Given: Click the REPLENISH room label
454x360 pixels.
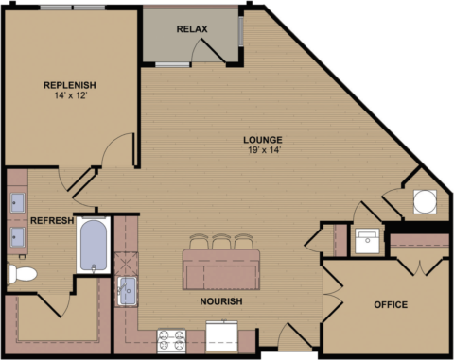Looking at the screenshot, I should click(70, 85).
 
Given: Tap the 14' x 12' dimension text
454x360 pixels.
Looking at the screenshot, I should click(70, 96).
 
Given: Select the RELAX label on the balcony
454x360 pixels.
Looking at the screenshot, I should click(192, 29).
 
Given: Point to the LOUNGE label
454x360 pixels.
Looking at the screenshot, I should click(262, 138).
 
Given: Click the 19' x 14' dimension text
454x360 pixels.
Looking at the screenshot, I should click(262, 149).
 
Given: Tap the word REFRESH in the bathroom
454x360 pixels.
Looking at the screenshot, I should click(52, 221).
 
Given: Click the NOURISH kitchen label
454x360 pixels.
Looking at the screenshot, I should click(221, 301).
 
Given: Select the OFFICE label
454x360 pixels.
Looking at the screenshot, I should click(390, 304).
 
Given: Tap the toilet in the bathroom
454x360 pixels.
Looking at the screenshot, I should click(21, 274).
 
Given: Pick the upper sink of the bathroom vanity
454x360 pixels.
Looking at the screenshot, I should click(17, 201).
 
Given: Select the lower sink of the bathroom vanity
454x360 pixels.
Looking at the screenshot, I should click(17, 235).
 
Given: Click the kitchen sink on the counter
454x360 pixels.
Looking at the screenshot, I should click(127, 291).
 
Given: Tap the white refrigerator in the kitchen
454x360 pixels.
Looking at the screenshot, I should click(223, 336).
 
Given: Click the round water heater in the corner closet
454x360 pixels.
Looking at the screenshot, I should click(425, 201).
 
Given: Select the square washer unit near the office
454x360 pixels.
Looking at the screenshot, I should click(365, 240).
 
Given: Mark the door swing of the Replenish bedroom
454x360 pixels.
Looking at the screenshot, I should click(121, 151).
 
